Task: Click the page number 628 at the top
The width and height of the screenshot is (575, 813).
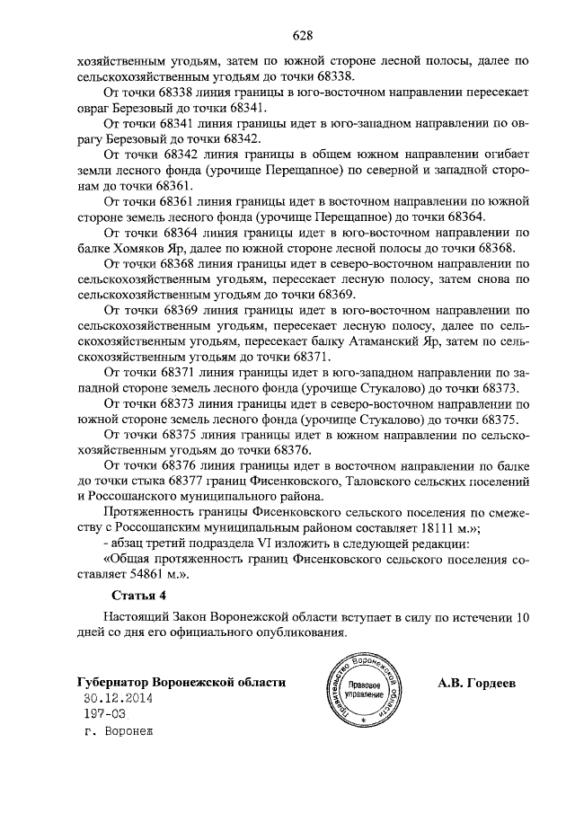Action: point(302,36)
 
